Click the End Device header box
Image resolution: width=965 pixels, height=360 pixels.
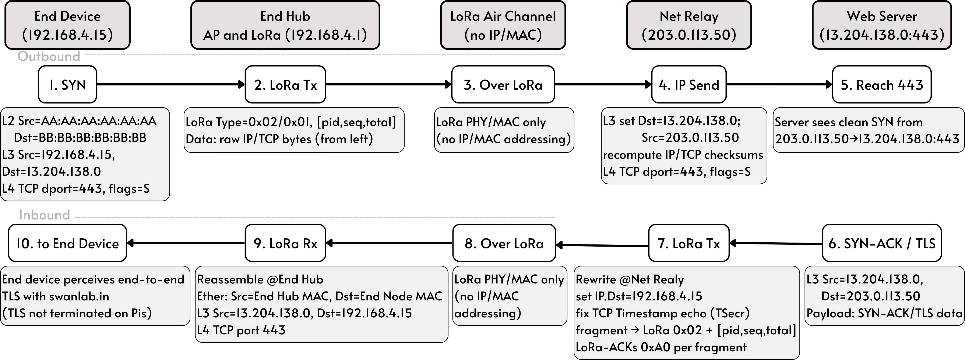[x=67, y=25]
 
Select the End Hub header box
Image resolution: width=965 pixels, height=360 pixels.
[x=285, y=25]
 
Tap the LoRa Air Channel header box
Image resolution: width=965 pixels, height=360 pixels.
[x=503, y=25]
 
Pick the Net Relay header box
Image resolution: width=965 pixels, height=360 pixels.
[x=688, y=25]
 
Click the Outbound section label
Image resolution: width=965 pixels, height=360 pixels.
[x=49, y=56]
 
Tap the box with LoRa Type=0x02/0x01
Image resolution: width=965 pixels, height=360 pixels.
[x=294, y=130]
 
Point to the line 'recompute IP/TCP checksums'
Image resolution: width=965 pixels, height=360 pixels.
[x=683, y=155]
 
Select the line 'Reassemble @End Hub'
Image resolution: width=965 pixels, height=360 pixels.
[x=260, y=279]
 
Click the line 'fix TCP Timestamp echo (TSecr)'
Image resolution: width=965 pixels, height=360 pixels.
[x=662, y=313]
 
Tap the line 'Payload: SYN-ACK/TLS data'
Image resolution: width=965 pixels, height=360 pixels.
[x=884, y=313]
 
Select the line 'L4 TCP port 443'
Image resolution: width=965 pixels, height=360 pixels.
[x=241, y=330]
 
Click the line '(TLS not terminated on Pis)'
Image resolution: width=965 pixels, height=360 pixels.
[x=77, y=313]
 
